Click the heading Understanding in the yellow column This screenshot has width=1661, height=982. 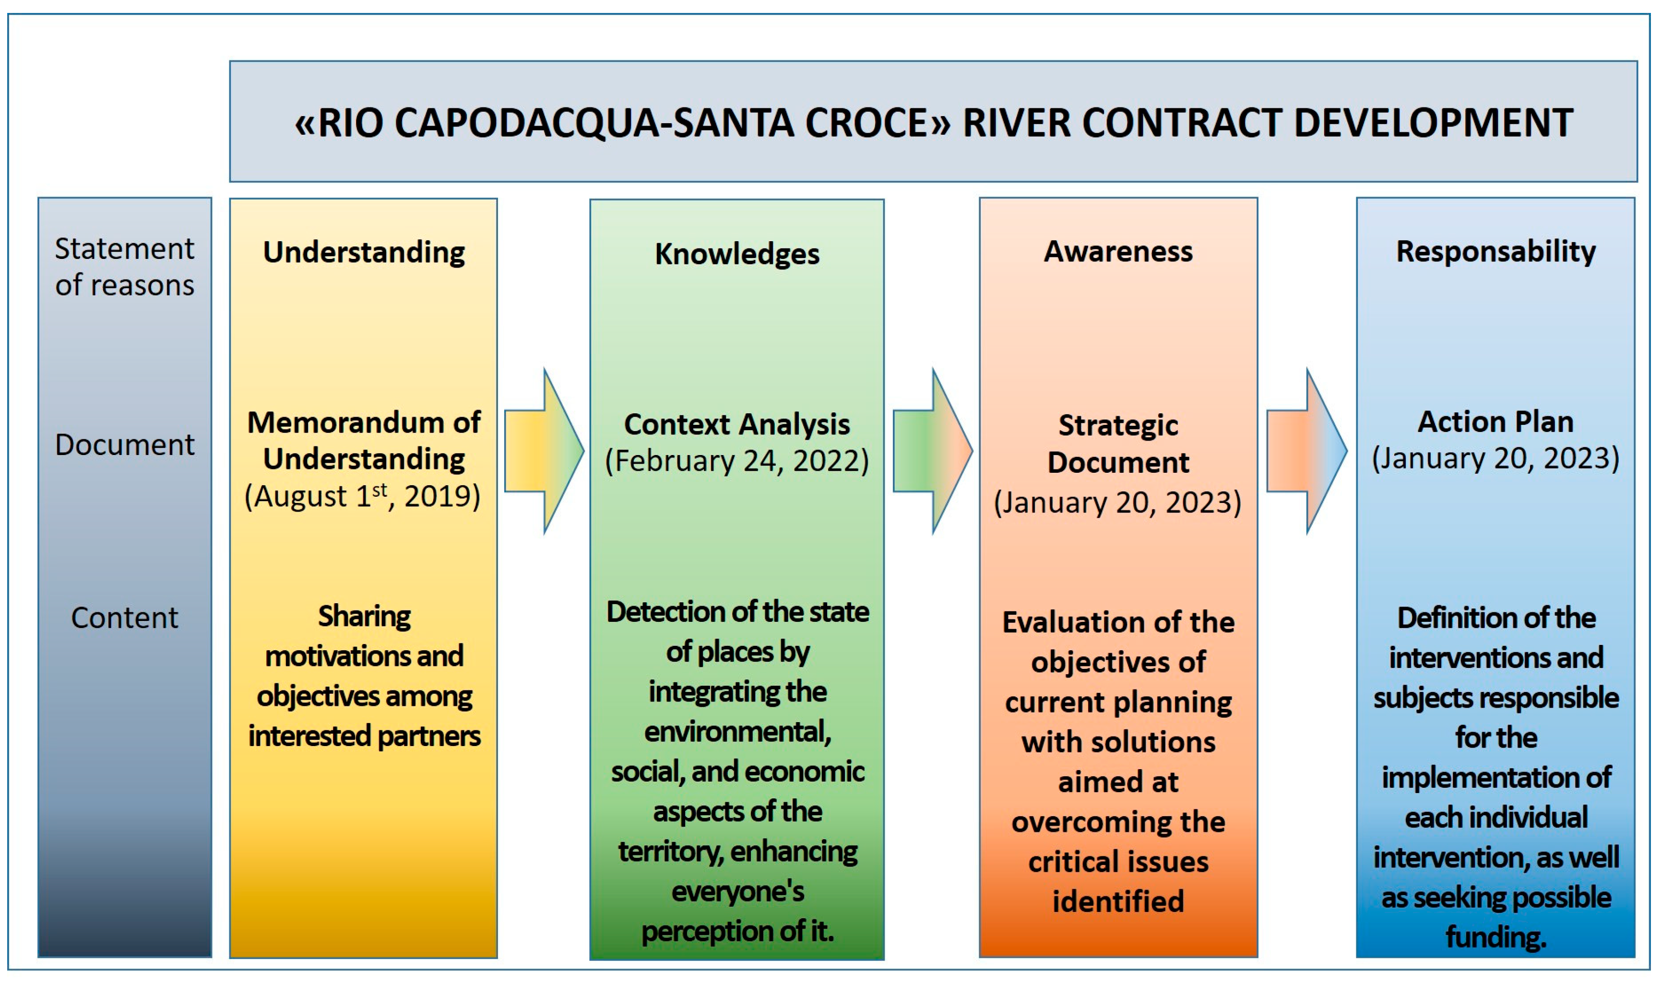coord(364,252)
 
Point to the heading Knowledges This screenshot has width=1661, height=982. coord(737,254)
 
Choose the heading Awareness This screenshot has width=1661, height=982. coord(1118,251)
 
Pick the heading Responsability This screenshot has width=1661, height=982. coord(1495,251)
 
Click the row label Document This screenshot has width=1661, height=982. coord(124,444)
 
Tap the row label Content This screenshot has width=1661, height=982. coord(124,618)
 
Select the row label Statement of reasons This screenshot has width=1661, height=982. coord(124,267)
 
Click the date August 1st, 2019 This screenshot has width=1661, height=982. coord(363,496)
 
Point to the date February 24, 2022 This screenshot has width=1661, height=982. coord(737,461)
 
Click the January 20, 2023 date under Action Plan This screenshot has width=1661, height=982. coord(1495,458)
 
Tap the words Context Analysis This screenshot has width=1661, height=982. coord(737,424)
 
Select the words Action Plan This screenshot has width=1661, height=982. coord(1495,421)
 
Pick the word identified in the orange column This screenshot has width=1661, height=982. coord(1118,901)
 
